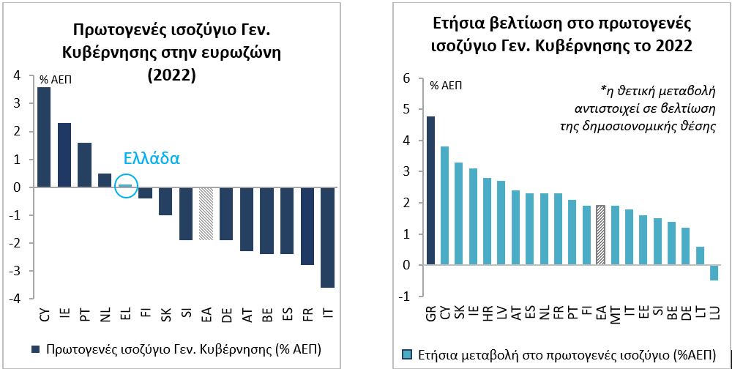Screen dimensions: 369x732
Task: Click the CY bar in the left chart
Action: click(44, 137)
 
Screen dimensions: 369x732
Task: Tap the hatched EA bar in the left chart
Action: click(206, 214)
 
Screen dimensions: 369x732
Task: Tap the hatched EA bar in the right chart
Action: click(600, 235)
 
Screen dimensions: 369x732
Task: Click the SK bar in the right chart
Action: click(458, 214)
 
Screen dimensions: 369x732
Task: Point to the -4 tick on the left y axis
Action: click(16, 299)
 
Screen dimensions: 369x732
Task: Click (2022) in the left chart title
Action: click(171, 75)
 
